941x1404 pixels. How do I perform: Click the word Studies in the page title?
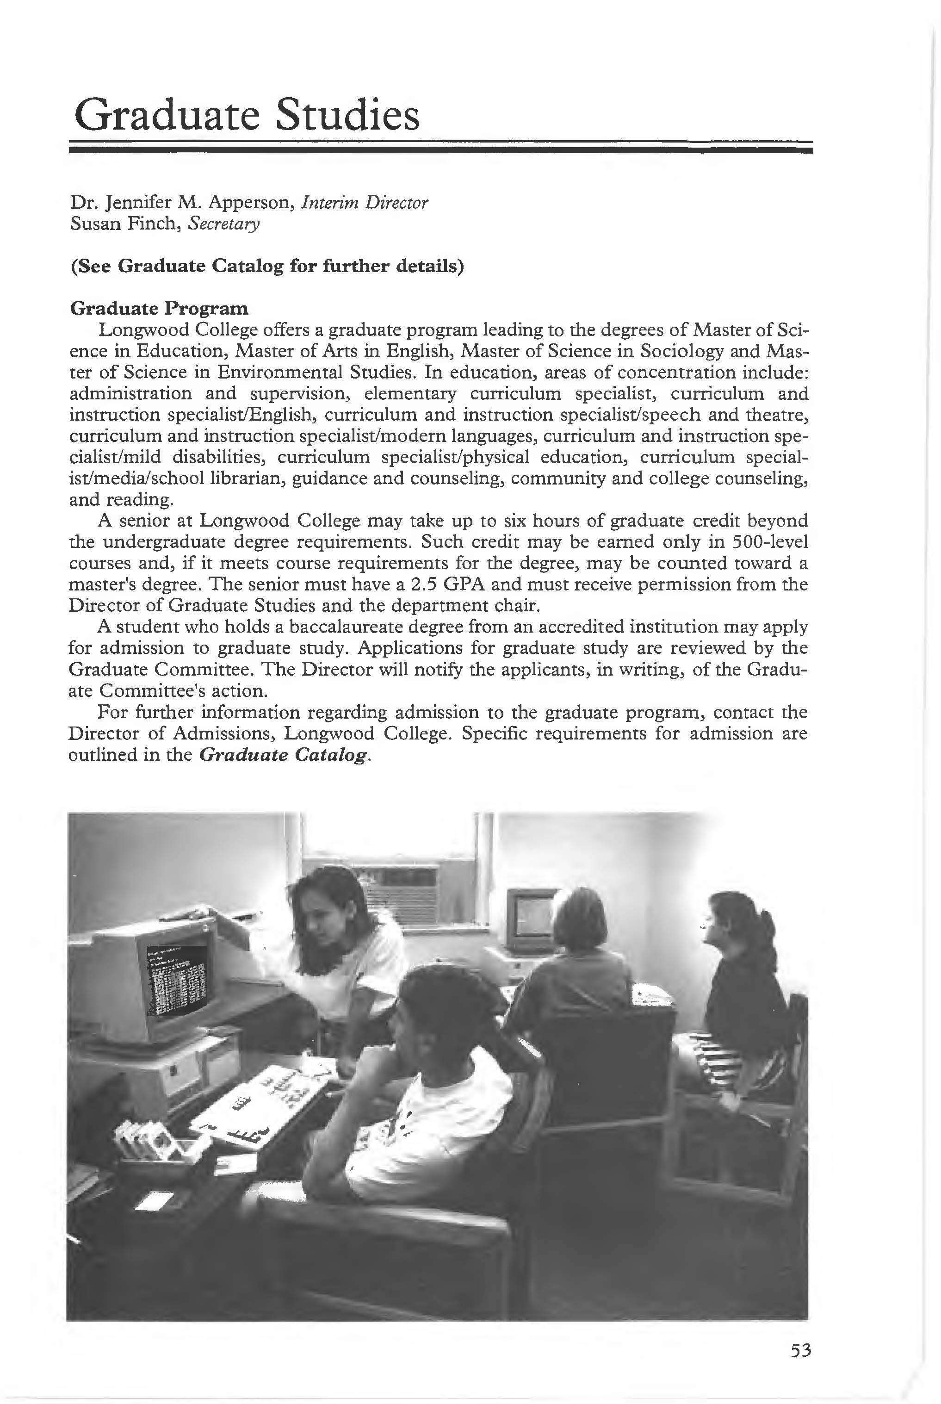347,115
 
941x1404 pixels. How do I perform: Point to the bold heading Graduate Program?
159,309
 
